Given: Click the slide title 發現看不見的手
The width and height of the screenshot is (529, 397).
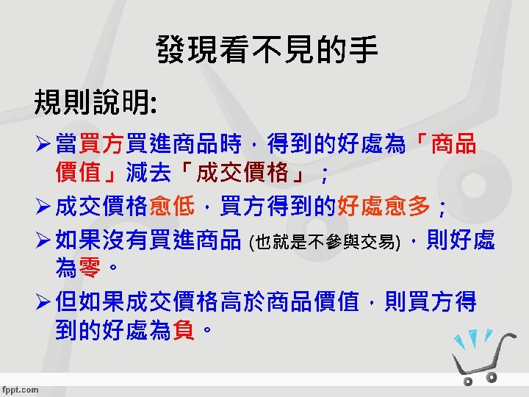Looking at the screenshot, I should [x=266, y=51].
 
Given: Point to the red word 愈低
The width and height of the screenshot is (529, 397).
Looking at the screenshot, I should [x=171, y=208].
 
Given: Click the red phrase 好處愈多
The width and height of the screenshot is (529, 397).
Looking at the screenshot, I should [x=383, y=208].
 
